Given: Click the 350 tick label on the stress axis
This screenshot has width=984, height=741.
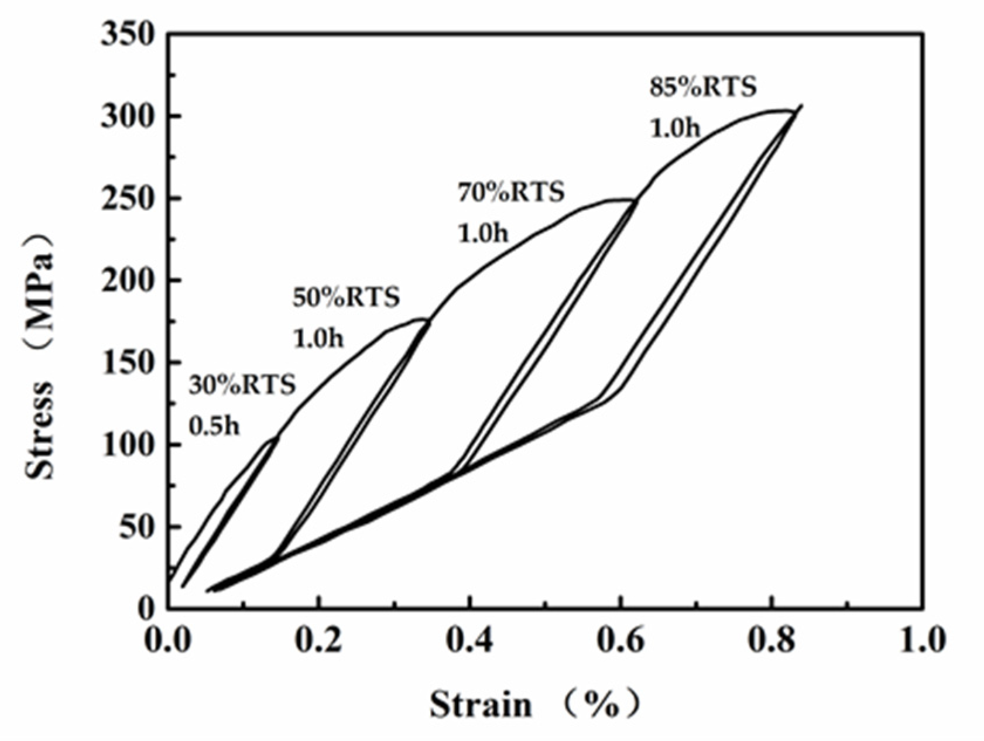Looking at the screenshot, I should (128, 35).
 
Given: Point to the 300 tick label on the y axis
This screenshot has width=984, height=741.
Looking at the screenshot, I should (128, 116).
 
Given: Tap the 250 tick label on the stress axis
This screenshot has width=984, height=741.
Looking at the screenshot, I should (128, 199).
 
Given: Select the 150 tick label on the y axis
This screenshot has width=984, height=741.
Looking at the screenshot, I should (128, 363).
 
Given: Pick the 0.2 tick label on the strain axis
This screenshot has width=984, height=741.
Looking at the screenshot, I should (318, 640).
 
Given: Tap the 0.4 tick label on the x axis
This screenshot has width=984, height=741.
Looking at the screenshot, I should (469, 640).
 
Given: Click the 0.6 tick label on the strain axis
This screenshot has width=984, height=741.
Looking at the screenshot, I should (620, 640).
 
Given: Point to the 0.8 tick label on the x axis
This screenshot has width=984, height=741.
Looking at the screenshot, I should (772, 640).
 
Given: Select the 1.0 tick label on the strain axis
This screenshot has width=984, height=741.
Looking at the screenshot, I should (922, 640).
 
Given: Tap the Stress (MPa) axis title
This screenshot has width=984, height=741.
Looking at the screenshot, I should (40, 356).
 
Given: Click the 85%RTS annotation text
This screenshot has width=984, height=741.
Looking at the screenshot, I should (703, 87).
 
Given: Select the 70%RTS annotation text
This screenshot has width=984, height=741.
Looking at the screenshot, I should (511, 192).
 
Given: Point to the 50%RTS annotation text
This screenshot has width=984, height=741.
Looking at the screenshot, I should (346, 297).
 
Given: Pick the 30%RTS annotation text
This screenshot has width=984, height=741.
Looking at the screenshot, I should (242, 385).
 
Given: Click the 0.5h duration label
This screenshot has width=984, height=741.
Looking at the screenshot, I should (214, 426).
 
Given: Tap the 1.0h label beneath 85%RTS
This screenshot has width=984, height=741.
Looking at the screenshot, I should (675, 128).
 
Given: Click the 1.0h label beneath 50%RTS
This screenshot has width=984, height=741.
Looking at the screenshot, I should (318, 338).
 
